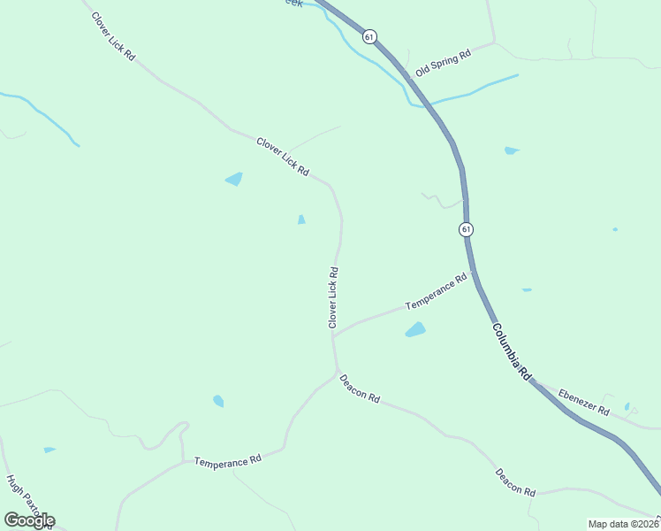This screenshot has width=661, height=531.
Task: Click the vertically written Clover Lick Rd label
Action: coord(333,298)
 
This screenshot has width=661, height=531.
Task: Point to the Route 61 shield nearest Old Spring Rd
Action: coord(369,36)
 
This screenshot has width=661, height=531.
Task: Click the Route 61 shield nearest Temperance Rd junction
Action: coord(466,229)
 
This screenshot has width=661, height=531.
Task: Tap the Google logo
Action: coord(29,520)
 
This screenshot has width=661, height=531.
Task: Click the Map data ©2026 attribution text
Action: coord(623,524)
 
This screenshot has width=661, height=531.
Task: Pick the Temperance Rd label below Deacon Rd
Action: coord(228,461)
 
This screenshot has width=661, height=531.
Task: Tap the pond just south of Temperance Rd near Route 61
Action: coord(414,330)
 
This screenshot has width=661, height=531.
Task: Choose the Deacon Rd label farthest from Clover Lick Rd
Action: coord(515,481)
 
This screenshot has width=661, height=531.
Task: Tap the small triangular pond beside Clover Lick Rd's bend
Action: coord(301,219)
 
